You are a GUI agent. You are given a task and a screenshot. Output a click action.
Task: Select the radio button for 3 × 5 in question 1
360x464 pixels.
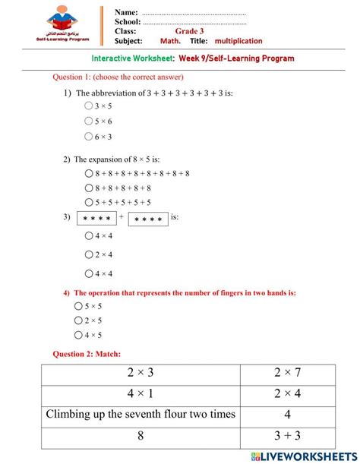pyautogui.click(x=89, y=106)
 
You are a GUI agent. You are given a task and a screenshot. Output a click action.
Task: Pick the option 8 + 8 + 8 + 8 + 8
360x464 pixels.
pyautogui.click(x=89, y=188)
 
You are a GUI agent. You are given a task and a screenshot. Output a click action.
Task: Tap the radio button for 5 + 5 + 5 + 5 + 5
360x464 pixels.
pyautogui.click(x=89, y=202)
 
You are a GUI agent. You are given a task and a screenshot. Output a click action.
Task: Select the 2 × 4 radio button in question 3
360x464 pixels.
pyautogui.click(x=89, y=254)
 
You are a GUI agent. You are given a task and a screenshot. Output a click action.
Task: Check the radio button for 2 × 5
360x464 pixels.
pyautogui.click(x=79, y=320)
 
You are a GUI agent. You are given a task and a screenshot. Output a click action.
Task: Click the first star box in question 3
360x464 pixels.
pyautogui.click(x=96, y=219)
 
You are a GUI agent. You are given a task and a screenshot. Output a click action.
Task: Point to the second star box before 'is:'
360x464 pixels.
pyautogui.click(x=148, y=219)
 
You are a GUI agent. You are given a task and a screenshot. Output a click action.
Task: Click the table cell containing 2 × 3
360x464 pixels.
pyautogui.click(x=141, y=374)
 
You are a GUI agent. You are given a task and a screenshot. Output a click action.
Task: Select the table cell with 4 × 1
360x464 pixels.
pyautogui.click(x=141, y=394)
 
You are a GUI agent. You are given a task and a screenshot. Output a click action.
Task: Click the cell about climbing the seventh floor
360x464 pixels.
pyautogui.click(x=141, y=415)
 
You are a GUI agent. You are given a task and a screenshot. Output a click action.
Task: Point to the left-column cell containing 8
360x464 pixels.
pyautogui.click(x=141, y=436)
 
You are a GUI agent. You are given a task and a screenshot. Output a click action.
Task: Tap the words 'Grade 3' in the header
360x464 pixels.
pyautogui.click(x=189, y=31)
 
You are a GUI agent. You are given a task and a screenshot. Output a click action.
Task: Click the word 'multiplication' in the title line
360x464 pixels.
pyautogui.click(x=238, y=41)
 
